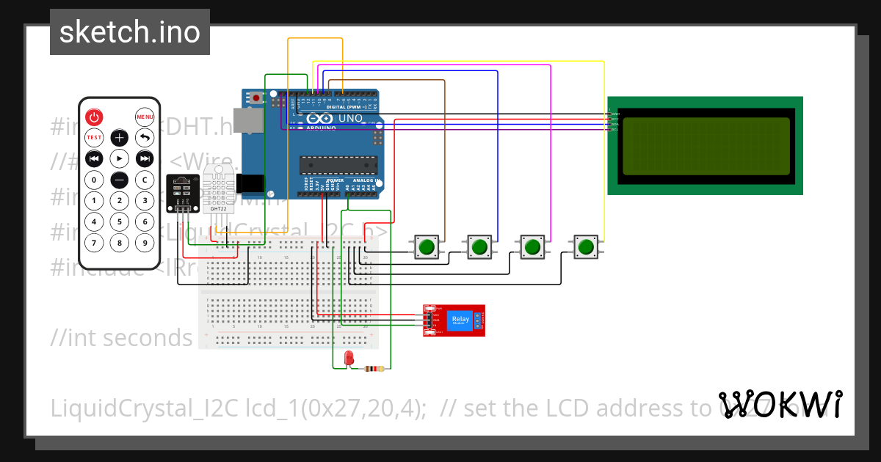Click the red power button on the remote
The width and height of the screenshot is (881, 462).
coord(94,117)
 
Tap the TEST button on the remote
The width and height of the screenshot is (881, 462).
coord(94,137)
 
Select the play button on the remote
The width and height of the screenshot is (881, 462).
coord(120,158)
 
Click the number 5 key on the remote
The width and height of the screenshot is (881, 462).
coord(120,221)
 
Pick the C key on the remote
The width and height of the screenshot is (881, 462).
coord(145,180)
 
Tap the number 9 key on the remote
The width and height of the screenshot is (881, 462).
coord(145,243)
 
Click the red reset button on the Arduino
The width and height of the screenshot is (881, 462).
coord(256,98)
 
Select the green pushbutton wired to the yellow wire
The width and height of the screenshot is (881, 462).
coord(585,247)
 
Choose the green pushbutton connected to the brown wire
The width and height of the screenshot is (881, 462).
coord(427,247)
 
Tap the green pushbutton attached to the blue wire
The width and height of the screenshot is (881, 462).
coord(479,247)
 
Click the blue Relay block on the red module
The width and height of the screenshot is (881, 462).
coord(460,319)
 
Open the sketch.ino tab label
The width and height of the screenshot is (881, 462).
coord(130,32)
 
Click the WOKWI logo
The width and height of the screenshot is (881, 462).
coord(780,404)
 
